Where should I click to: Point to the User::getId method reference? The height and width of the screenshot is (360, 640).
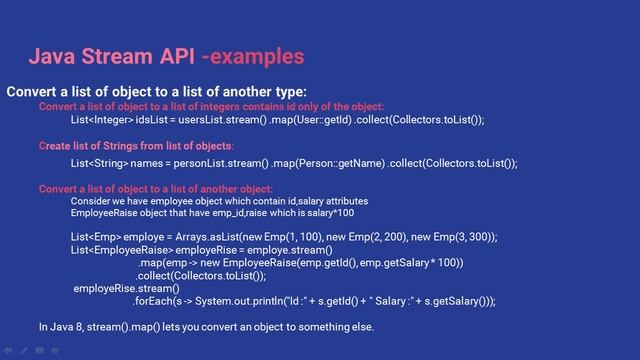[321, 119]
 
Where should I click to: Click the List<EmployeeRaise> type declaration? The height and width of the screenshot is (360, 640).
[120, 249]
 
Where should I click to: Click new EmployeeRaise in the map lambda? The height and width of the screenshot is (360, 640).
[241, 263]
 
